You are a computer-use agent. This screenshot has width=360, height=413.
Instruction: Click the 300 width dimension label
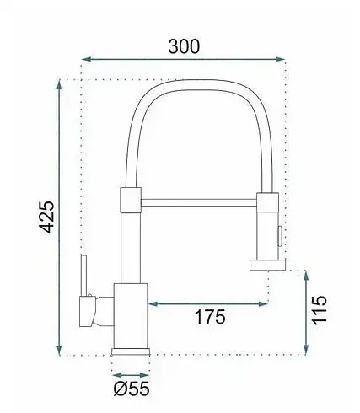[x=184, y=46]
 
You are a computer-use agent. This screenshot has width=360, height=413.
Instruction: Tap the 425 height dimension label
[x=46, y=217]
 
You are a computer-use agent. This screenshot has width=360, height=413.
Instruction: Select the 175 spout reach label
[x=210, y=317]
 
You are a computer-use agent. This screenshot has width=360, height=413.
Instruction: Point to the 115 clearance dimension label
[x=320, y=310]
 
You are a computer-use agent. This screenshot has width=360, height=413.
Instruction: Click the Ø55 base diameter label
[x=132, y=389]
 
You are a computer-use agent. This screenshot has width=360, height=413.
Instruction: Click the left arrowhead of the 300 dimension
[x=86, y=59]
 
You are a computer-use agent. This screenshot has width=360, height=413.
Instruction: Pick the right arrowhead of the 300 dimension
[x=280, y=59]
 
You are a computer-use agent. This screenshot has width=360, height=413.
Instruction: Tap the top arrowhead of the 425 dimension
[x=59, y=84]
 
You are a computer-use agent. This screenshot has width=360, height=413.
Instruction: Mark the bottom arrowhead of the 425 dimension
[x=59, y=351]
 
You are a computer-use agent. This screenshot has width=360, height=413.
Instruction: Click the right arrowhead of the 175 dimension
[x=263, y=303]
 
